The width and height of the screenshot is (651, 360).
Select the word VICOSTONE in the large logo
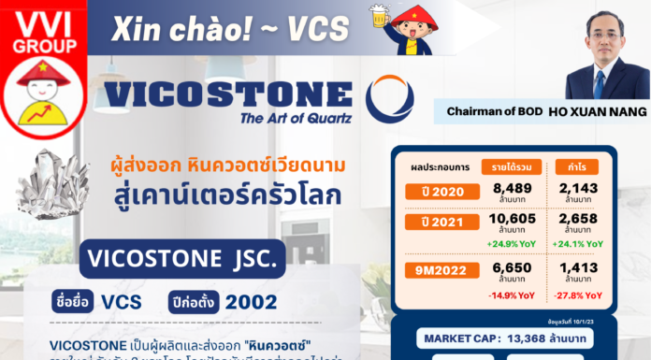228,95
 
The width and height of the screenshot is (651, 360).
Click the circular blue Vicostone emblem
389,99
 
